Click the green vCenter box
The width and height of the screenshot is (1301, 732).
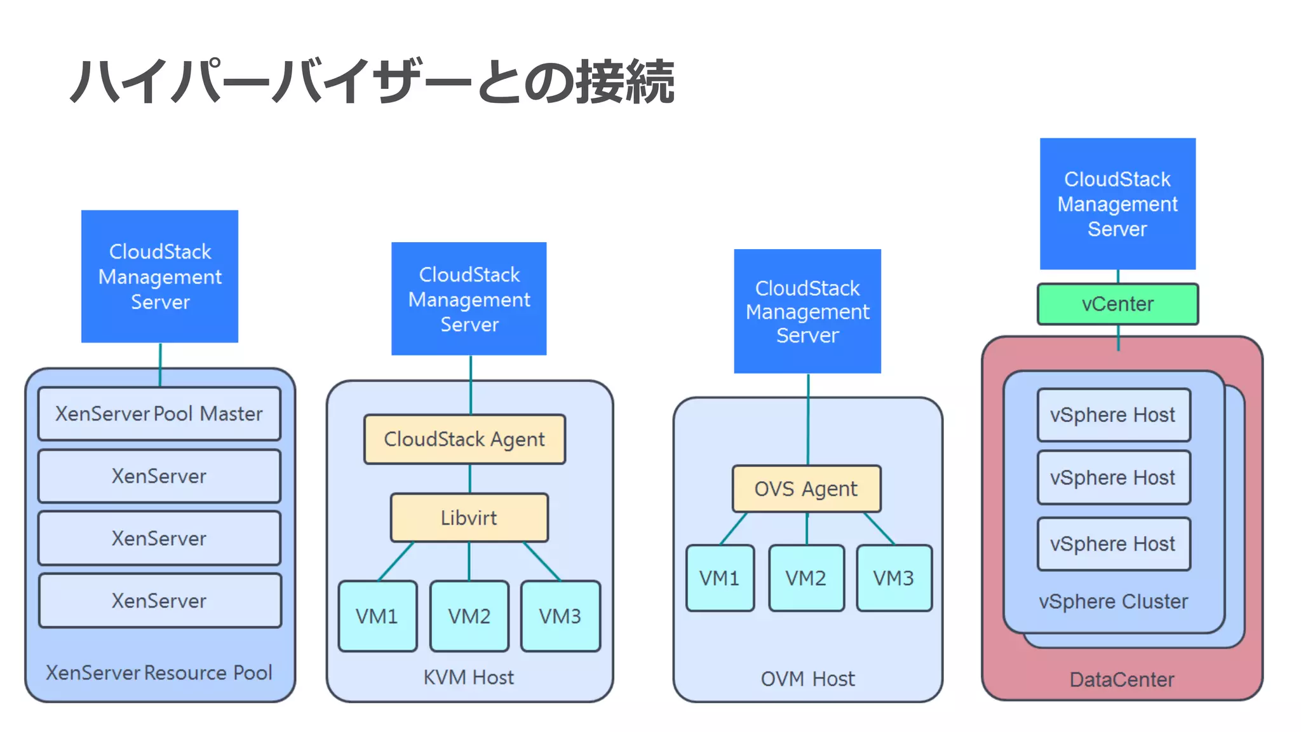[1117, 304]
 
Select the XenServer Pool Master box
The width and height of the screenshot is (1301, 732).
[159, 414]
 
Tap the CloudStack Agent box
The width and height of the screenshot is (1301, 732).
[464, 439]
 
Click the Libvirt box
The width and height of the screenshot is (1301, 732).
[469, 518]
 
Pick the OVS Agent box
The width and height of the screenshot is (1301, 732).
[806, 489]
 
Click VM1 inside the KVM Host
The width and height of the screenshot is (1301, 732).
[377, 616]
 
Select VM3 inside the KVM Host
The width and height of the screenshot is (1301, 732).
[560, 616]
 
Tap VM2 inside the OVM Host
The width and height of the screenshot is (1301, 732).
[806, 578]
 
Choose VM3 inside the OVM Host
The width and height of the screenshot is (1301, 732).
[894, 578]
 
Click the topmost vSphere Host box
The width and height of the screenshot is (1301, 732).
[1113, 415]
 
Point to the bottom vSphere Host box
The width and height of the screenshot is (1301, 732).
[1113, 544]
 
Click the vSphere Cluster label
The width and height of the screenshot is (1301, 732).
[1113, 601]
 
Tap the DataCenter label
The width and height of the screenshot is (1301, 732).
[1122, 679]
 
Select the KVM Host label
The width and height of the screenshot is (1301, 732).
[469, 677]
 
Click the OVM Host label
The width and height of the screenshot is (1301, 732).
[807, 679]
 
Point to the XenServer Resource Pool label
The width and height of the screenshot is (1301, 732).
[159, 672]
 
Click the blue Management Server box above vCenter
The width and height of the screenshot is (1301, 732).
[1117, 204]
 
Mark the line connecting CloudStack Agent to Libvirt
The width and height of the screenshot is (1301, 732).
[470, 478]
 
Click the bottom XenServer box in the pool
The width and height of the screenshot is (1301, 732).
[159, 600]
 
